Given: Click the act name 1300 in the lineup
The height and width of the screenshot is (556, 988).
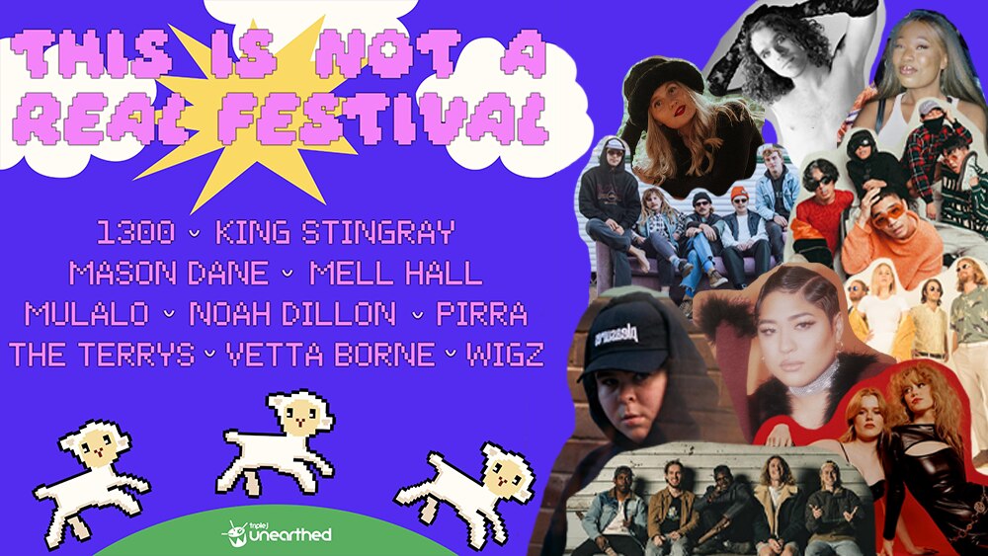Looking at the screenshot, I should (136, 233).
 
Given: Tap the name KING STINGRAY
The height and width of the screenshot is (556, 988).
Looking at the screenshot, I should (335, 233).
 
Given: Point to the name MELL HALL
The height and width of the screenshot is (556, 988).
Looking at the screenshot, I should (395, 274).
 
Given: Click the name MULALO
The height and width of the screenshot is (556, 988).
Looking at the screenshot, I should (87, 314).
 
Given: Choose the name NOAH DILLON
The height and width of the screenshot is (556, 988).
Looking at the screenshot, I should (291, 314).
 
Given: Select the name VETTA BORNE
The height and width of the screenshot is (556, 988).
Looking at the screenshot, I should (329, 355).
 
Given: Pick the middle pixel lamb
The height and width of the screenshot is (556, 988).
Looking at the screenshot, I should (279, 441).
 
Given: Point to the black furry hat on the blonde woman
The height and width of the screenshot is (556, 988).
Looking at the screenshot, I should (663, 87).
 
